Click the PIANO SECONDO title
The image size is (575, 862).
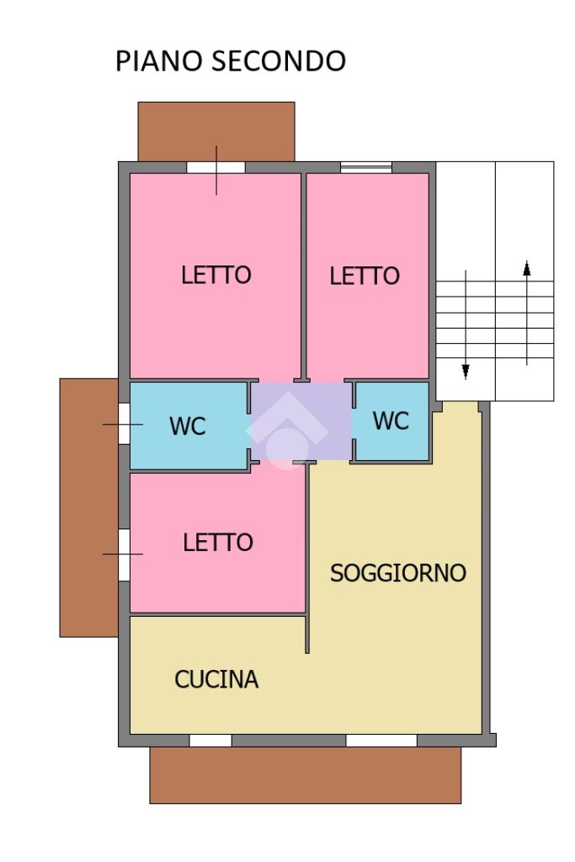[x=231, y=61]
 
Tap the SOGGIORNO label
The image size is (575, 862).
[x=398, y=573]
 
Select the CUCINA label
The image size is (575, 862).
[x=216, y=679]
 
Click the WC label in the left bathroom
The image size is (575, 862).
[x=188, y=426]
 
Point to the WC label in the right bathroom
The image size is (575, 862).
[x=391, y=420]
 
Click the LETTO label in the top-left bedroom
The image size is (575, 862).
[x=216, y=275]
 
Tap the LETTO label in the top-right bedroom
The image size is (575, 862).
[x=365, y=276]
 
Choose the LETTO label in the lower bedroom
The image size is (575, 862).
[x=218, y=543]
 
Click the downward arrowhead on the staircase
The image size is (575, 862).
[x=466, y=372]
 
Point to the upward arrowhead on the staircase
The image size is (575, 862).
[x=527, y=268]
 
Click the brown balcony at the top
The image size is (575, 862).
[x=216, y=131]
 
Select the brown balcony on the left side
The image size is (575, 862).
[x=89, y=507]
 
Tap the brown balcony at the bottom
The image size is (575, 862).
[x=306, y=775]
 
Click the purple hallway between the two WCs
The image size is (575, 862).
[x=301, y=421]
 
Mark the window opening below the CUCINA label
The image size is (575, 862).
[x=210, y=741]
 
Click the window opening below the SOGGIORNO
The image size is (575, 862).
[x=381, y=741]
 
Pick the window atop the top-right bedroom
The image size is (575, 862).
[x=366, y=167]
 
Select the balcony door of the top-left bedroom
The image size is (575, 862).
[x=216, y=167]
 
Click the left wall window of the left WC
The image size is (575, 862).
[x=124, y=424]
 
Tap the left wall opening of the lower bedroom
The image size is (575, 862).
[x=124, y=554]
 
